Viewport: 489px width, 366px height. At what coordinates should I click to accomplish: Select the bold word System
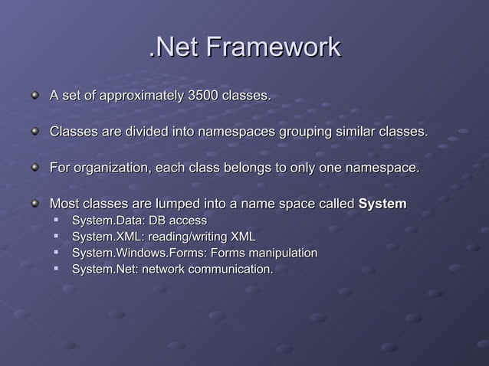pyautogui.click(x=382, y=204)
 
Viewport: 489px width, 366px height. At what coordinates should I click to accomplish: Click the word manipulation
pyautogui.click(x=281, y=253)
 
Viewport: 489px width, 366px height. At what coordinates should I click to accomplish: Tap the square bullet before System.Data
pyautogui.click(x=57, y=221)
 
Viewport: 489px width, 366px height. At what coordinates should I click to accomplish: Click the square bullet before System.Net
pyautogui.click(x=57, y=270)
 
